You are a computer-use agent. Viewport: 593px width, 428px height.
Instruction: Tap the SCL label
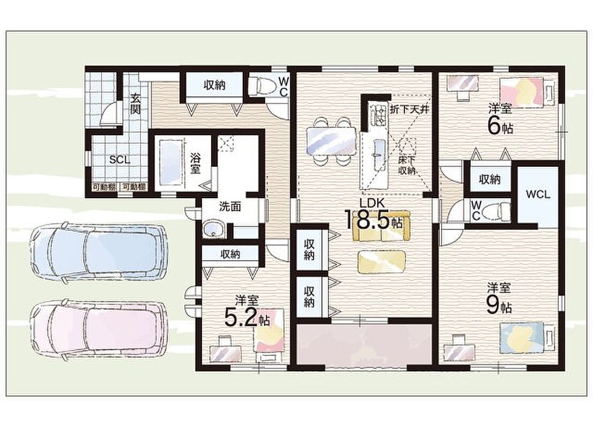point(119,160)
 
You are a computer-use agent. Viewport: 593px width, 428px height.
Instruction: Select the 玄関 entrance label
point(136,104)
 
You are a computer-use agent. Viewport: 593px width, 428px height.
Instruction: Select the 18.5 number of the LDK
point(366,220)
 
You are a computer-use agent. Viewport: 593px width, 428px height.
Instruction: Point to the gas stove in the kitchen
point(378,114)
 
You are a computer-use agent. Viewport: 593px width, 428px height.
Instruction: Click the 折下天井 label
point(409,110)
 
